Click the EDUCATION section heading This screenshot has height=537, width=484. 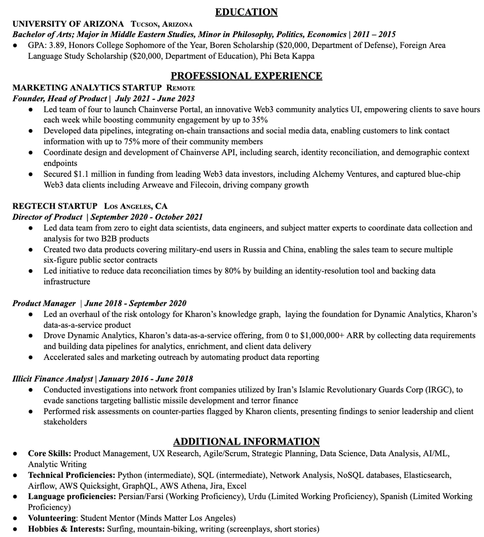(246, 12)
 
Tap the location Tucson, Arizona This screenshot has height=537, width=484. (162, 24)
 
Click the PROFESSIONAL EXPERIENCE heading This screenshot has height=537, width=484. (246, 76)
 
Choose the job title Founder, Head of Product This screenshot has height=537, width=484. (60, 98)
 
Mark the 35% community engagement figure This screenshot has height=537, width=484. (260, 120)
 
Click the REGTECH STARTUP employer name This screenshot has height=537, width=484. (55, 206)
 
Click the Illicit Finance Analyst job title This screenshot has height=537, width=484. (53, 379)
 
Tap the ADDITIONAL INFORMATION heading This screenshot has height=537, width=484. (246, 441)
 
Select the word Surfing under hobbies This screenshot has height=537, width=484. (121, 529)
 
